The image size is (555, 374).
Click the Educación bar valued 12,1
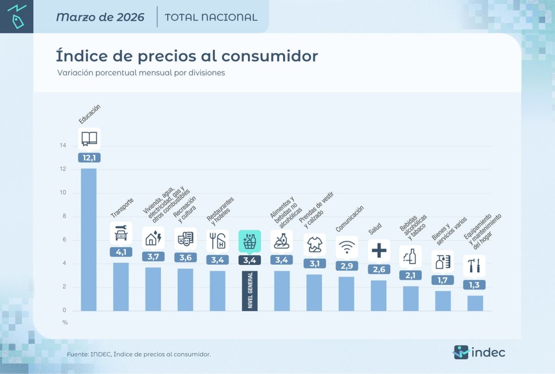click(x=89, y=239)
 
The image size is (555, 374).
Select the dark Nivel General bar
click(x=250, y=291)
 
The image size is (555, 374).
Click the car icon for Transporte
click(x=121, y=233)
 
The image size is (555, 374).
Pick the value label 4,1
click(x=121, y=252)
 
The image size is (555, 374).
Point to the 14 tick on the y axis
click(x=62, y=146)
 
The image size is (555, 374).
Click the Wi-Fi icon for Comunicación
click(x=346, y=246)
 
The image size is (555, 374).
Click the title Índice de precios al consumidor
click(x=187, y=56)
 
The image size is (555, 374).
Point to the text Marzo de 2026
click(x=100, y=17)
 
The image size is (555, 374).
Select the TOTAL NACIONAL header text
click(x=211, y=17)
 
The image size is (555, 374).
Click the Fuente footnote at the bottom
click(x=139, y=354)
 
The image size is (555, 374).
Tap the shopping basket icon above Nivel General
click(x=250, y=241)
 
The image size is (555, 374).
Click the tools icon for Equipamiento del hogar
click(x=474, y=266)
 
